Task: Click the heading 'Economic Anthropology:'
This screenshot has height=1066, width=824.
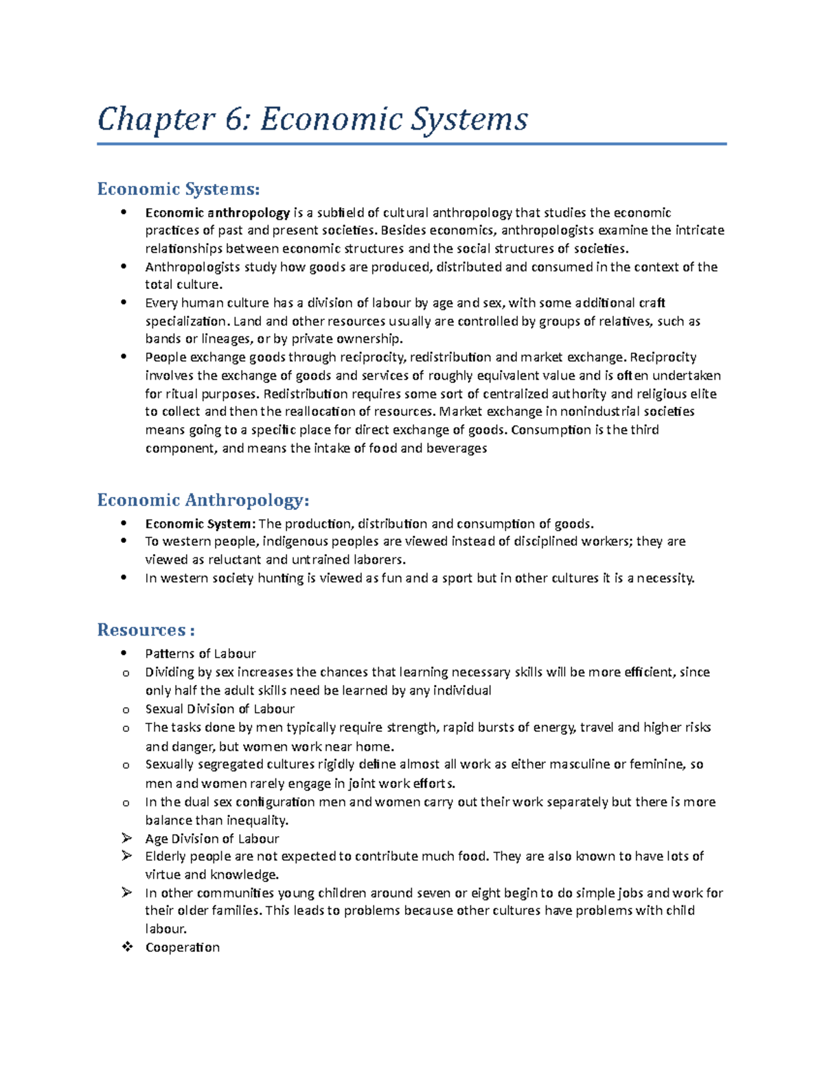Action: [x=203, y=500]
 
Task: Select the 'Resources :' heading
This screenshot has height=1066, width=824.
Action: [x=146, y=629]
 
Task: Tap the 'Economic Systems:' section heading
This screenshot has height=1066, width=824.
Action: [x=179, y=189]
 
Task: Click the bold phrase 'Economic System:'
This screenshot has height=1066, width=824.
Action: [x=200, y=524]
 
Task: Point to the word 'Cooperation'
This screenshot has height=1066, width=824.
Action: [x=183, y=947]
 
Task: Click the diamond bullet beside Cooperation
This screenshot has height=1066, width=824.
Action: [x=126, y=947]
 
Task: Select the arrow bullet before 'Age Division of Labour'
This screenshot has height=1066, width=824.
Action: [x=126, y=838]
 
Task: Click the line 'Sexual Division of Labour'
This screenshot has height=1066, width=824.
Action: [x=220, y=709]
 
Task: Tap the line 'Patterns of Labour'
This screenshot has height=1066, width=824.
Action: [x=201, y=653]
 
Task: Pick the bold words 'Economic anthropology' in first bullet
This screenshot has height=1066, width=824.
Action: [x=217, y=213]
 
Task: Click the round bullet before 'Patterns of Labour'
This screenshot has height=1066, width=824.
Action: [x=124, y=653]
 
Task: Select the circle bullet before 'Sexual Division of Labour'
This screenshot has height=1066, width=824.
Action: [x=126, y=710]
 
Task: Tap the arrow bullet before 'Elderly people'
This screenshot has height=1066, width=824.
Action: [x=126, y=856]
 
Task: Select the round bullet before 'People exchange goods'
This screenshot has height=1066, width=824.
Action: [x=124, y=357]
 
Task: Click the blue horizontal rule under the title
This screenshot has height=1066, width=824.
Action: [x=412, y=144]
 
